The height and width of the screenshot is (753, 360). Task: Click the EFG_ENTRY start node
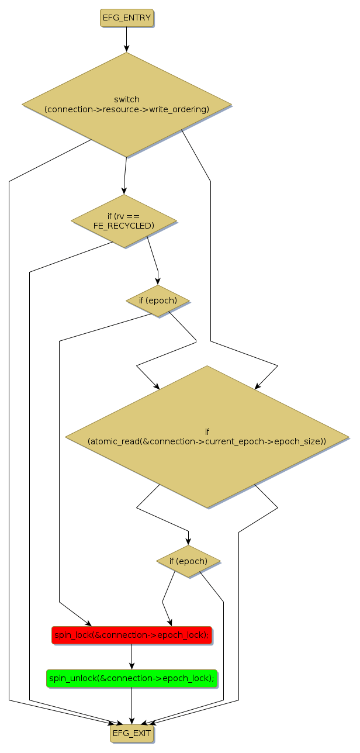point(127,18)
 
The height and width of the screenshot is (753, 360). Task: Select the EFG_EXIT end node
point(131,733)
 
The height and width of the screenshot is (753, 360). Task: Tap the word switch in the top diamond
point(127,99)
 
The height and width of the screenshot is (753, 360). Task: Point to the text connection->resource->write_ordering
point(127,109)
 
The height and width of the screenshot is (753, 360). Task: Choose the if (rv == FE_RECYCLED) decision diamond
point(124,221)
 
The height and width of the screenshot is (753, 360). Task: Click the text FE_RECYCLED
point(124,226)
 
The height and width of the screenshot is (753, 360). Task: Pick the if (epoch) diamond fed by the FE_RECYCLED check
point(158,300)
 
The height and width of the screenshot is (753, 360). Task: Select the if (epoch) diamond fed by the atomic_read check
point(188,561)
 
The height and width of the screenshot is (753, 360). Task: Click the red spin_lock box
point(131,635)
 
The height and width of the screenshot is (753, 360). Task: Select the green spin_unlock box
point(131,678)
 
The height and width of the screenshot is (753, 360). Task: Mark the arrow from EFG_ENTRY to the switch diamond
point(126,40)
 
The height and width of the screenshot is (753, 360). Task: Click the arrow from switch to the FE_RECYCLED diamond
point(124,175)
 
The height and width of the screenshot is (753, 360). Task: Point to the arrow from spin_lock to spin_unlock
point(131,657)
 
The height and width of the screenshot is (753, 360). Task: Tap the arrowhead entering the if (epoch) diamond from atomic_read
point(188,541)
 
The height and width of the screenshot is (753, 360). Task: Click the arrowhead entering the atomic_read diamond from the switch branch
point(257,386)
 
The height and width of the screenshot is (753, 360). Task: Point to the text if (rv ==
point(124,217)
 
